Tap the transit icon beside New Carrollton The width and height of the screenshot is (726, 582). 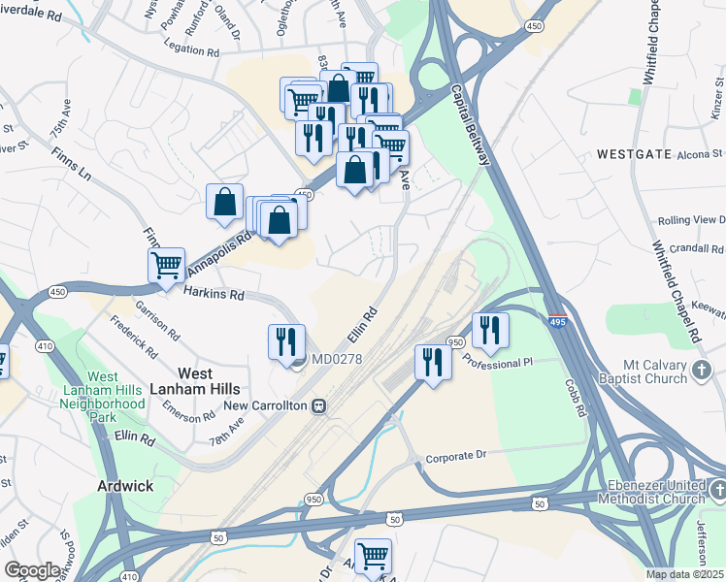tap(317, 406)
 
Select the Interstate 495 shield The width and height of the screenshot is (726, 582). tap(560, 322)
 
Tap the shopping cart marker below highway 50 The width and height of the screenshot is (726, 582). tap(373, 556)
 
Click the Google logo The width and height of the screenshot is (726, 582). tap(33, 570)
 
